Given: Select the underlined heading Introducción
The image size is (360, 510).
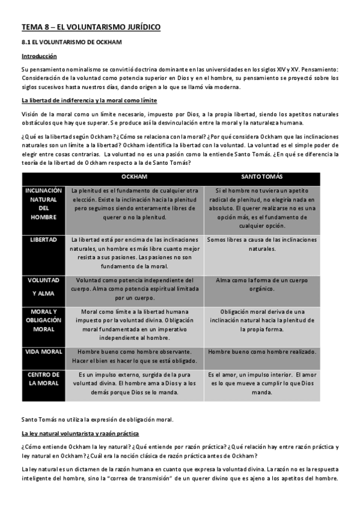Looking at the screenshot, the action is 39,56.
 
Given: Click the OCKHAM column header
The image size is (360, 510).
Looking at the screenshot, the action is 134,178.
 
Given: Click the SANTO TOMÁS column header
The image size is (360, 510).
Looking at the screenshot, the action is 262,178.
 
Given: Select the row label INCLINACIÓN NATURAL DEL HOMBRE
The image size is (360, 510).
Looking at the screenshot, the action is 43,203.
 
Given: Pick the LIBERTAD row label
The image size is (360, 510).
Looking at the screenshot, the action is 43,239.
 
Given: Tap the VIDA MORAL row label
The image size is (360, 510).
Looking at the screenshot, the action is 43,351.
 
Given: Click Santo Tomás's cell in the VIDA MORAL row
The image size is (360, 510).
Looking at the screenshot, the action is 262,351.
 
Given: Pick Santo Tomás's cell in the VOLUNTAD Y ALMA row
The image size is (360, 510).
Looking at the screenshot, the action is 262,284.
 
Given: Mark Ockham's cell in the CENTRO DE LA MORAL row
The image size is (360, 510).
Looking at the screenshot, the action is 134,383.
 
